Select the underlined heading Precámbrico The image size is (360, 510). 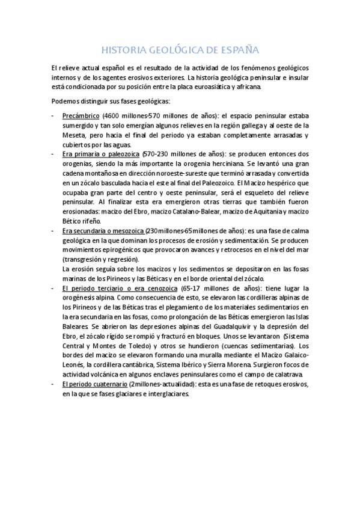pos(81,116)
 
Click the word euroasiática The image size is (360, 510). pos(218,87)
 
